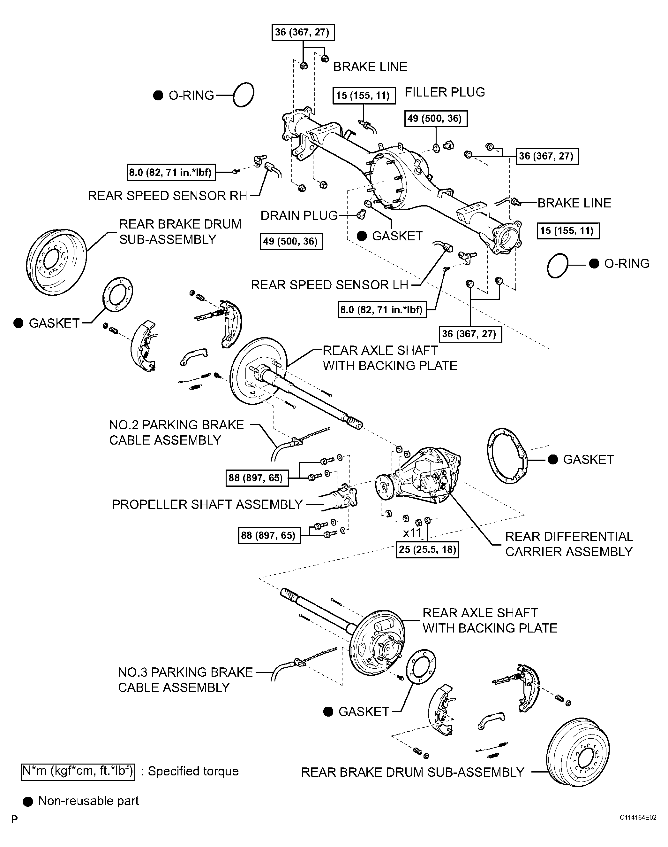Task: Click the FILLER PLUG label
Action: click(x=445, y=92)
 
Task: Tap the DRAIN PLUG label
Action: click(x=299, y=215)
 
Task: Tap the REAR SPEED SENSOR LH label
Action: click(x=329, y=285)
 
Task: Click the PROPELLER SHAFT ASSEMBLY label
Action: click(x=207, y=504)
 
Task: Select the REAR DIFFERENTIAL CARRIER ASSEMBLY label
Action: click(x=569, y=544)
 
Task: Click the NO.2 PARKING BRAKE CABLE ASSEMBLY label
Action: click(x=176, y=432)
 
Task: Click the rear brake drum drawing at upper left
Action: click(x=57, y=261)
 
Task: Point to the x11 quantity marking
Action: click(x=412, y=532)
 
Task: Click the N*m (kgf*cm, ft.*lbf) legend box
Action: click(x=78, y=771)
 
